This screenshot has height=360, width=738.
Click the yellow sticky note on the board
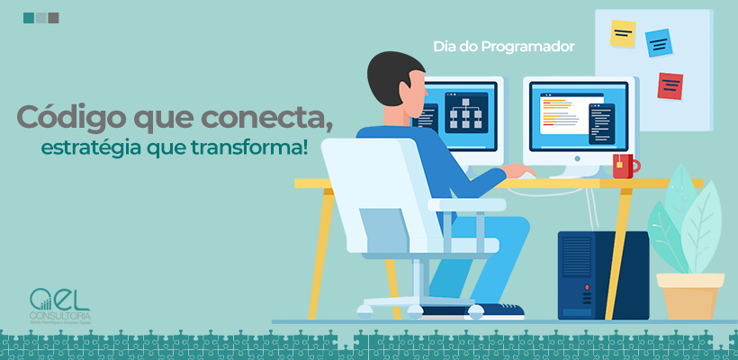click(x=623, y=34)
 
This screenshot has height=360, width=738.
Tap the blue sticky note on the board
click(x=659, y=42)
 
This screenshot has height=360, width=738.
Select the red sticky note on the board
click(x=670, y=85)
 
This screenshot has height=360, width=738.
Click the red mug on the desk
click(x=625, y=166)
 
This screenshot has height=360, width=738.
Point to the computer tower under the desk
click(x=602, y=274)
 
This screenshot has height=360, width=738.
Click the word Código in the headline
click(x=67, y=117)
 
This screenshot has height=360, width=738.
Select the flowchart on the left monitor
click(x=466, y=113)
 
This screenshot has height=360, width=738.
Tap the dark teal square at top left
click(x=29, y=17)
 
